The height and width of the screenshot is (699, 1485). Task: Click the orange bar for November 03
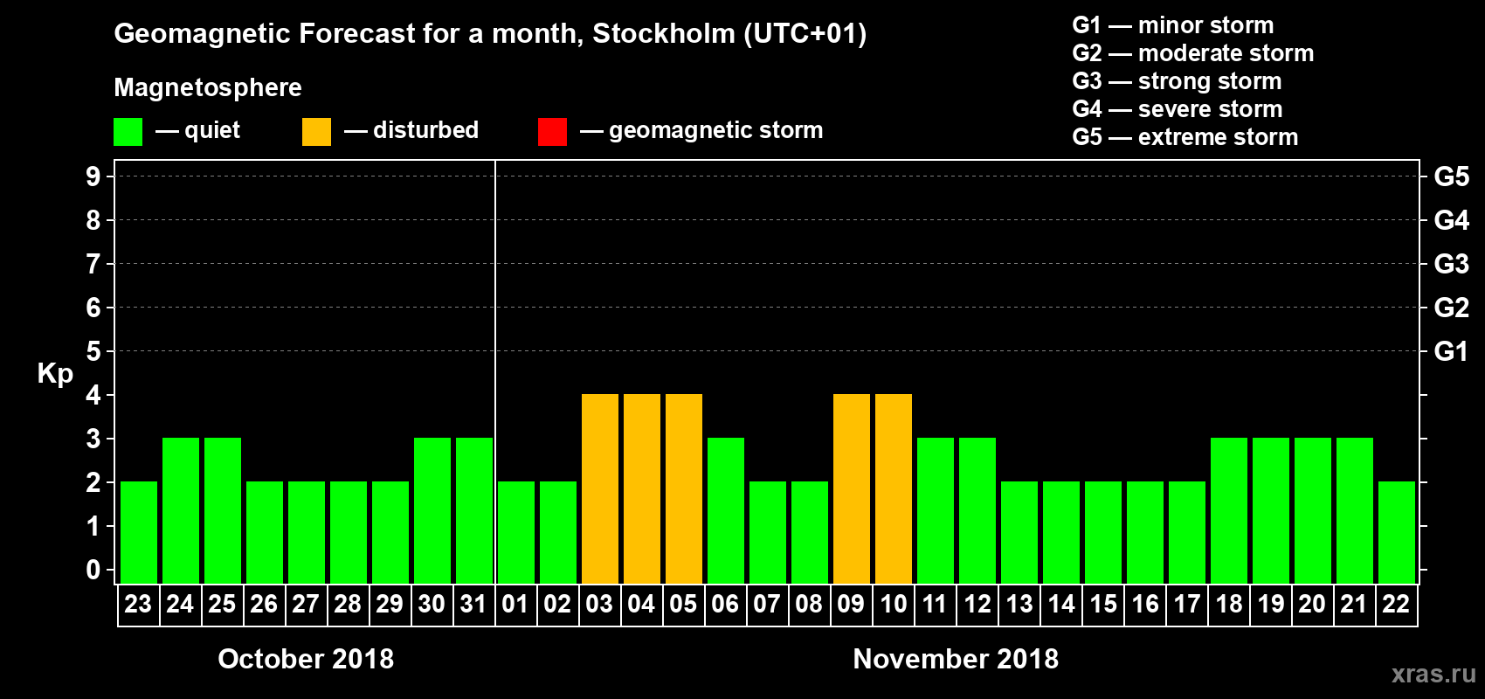pos(599,488)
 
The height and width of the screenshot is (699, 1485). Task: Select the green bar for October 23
pos(139,532)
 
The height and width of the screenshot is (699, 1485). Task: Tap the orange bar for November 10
pos(893,488)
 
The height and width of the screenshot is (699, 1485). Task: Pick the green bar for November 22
pos(1396,532)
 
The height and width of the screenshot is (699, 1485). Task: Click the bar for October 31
pos(474,510)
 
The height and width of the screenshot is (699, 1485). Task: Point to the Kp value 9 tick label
pos(93,176)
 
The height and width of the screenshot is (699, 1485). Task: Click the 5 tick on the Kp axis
pos(93,351)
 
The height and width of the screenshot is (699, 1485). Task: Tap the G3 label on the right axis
pos(1451,264)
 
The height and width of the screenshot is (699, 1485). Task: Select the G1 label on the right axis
pos(1451,351)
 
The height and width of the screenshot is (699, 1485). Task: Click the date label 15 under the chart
pos(1103,604)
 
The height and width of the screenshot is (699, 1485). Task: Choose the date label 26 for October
pos(264,604)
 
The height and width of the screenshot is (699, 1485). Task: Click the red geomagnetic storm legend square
pos(552,132)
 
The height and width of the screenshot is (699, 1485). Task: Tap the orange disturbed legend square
pos(316,132)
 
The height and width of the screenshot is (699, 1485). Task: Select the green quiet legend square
pos(128,132)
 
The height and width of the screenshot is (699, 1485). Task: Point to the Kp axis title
pos(55,374)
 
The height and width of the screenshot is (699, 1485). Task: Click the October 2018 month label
pos(306,659)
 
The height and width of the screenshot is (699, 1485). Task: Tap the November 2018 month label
pos(956,659)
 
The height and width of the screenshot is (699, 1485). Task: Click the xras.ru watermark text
pos(1433,674)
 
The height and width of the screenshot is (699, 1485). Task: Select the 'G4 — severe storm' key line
pos(1177,109)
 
